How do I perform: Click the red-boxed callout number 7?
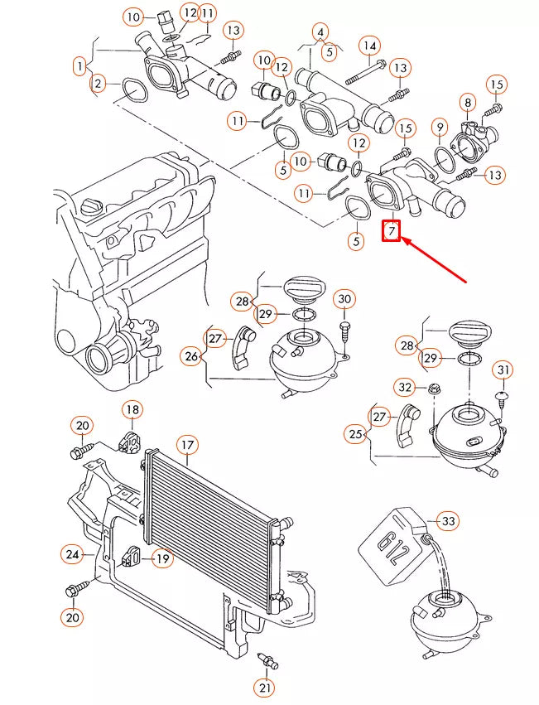(391, 230)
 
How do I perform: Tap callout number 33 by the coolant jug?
(447, 521)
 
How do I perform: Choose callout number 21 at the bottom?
(264, 687)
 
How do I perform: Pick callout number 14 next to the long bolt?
(368, 45)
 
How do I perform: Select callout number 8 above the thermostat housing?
(468, 104)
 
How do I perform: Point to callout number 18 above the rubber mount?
(132, 409)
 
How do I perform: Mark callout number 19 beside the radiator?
(162, 559)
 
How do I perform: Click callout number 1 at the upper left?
(80, 65)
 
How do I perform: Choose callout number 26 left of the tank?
(192, 356)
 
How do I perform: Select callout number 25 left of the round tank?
(356, 433)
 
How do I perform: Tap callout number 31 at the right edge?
(503, 369)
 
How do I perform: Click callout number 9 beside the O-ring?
(440, 128)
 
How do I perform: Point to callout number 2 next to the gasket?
(99, 83)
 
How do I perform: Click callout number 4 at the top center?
(320, 33)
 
